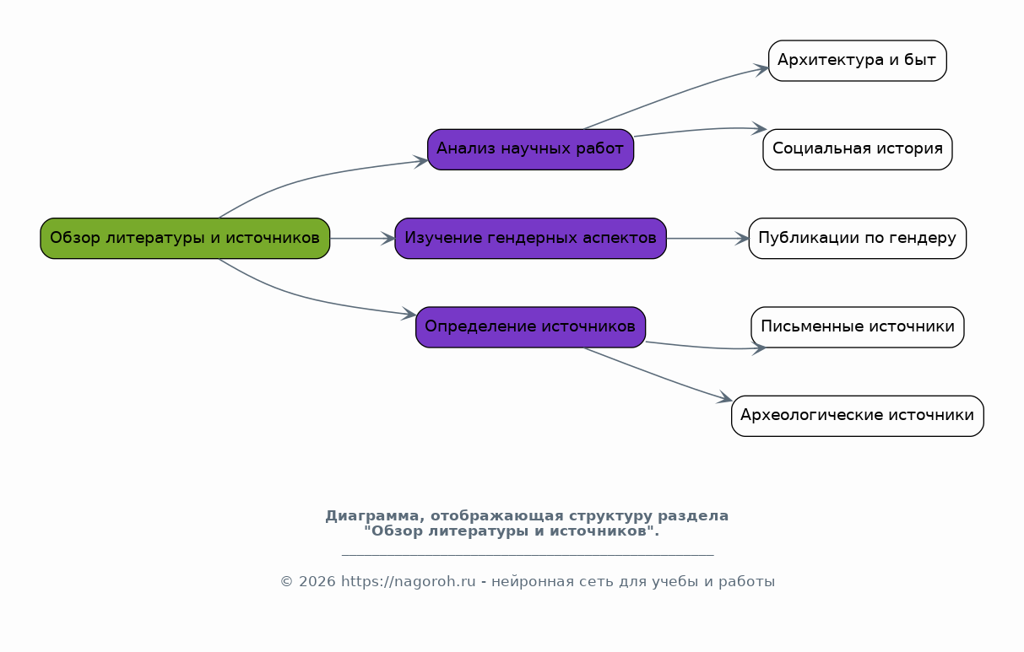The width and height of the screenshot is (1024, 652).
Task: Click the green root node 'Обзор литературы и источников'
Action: pyautogui.click(x=185, y=239)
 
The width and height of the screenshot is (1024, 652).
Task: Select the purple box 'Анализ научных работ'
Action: pyautogui.click(x=531, y=149)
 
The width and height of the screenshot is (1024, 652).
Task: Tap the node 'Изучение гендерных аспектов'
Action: pyautogui.click(x=531, y=239)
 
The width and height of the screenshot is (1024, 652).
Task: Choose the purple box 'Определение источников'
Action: pyautogui.click(x=531, y=327)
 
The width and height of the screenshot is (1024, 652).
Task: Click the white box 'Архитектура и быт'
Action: pyautogui.click(x=858, y=61)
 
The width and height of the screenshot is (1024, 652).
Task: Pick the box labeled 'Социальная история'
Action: pyautogui.click(x=858, y=149)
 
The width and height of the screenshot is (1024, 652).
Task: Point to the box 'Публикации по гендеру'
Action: pyautogui.click(x=858, y=239)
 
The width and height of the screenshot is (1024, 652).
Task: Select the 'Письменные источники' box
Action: pyautogui.click(x=858, y=327)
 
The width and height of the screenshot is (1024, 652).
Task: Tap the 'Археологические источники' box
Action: pyautogui.click(x=858, y=416)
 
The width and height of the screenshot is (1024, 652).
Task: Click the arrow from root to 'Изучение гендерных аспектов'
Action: pyautogui.click(x=362, y=239)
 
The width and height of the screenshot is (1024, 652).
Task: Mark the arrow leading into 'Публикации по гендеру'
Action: pyautogui.click(x=707, y=239)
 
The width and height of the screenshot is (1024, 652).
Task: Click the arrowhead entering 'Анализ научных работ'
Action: pyautogui.click(x=420, y=162)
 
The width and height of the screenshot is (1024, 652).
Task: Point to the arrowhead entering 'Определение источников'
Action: pyautogui.click(x=409, y=314)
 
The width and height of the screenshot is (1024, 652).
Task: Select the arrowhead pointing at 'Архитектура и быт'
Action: pyautogui.click(x=761, y=69)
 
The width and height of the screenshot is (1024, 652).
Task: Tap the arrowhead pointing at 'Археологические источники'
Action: pyautogui.click(x=724, y=397)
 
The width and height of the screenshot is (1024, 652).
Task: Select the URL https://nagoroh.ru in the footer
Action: pyautogui.click(x=409, y=582)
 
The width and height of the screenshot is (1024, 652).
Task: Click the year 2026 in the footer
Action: pyautogui.click(x=317, y=582)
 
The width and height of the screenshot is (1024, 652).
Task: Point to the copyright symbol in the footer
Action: pyautogui.click(x=287, y=582)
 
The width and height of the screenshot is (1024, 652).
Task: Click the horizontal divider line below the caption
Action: pyautogui.click(x=528, y=556)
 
